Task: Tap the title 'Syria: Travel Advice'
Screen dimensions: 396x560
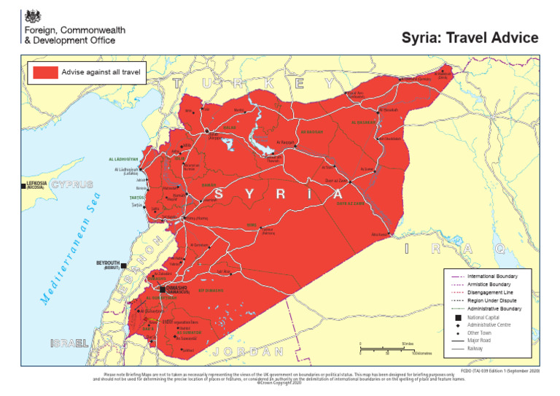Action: [470, 38]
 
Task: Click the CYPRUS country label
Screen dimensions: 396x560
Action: [72, 184]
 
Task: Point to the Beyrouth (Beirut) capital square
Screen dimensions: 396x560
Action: [124, 265]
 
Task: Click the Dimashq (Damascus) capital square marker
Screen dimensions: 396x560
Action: [162, 289]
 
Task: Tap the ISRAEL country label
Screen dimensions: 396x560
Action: [69, 343]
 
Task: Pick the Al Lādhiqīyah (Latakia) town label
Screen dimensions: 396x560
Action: [127, 171]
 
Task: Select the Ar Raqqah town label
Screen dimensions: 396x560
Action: [287, 141]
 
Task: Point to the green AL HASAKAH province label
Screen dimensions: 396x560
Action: [364, 123]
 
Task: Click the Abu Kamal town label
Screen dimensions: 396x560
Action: [378, 235]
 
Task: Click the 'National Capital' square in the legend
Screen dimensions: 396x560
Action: [456, 317]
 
